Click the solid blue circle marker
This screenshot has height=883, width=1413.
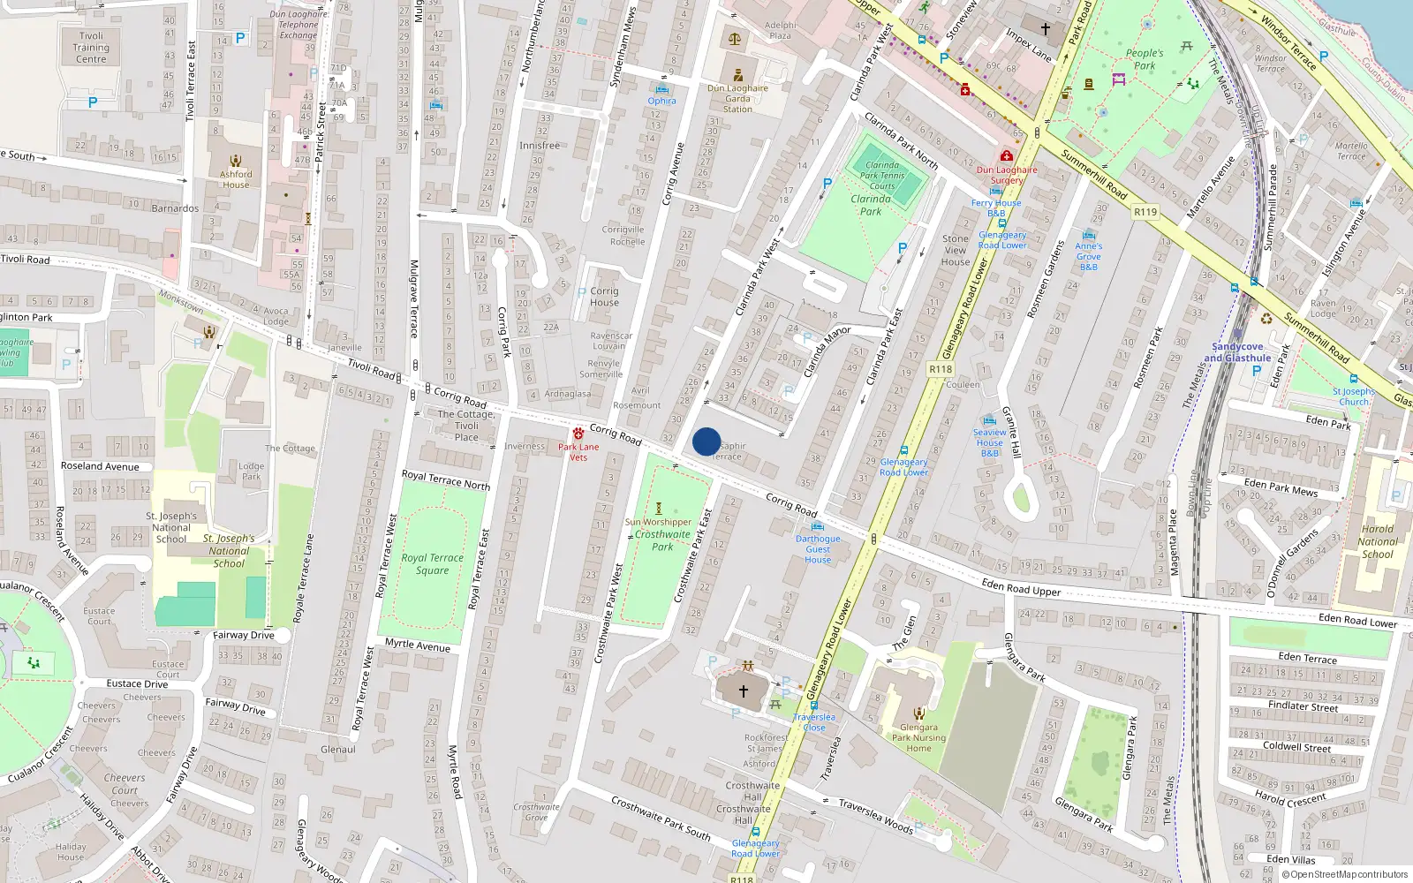click(706, 441)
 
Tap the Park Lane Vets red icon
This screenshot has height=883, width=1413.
click(578, 434)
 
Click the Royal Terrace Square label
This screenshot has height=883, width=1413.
click(432, 563)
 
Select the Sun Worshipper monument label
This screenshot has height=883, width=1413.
click(658, 522)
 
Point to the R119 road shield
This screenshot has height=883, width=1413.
click(1145, 211)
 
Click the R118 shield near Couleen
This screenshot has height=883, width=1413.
click(941, 369)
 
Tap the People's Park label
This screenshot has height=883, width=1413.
click(1145, 59)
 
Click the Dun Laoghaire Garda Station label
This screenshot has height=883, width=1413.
click(737, 98)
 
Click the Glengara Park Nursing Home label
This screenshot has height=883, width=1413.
click(918, 738)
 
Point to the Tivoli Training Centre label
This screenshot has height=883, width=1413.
click(91, 48)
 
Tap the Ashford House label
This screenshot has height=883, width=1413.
click(236, 179)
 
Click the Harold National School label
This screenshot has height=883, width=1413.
click(1377, 541)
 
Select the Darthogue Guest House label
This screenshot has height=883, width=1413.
click(818, 548)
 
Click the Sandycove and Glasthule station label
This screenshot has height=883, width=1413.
click(1237, 352)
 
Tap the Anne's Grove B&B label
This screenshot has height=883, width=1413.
click(1088, 256)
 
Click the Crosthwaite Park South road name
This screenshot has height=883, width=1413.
click(661, 819)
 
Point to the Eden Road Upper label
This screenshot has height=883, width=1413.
click(1021, 587)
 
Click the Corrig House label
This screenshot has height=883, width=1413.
click(604, 297)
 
